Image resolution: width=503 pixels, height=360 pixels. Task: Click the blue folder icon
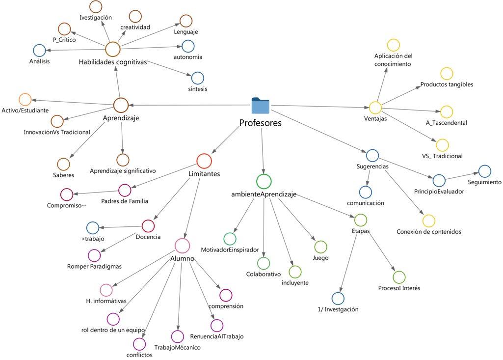tap(260, 106)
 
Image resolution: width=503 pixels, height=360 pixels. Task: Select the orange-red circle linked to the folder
tap(204, 161)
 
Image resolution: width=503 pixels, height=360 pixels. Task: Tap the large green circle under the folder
tap(264, 181)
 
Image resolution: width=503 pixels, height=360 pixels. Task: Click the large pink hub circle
tap(182, 246)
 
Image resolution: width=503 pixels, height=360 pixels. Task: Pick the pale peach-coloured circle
tap(25, 100)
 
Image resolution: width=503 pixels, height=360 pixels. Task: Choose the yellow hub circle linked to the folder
tap(375, 108)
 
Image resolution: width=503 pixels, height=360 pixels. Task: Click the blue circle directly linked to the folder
tap(372, 156)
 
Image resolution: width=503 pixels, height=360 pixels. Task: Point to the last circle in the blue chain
tap(484, 171)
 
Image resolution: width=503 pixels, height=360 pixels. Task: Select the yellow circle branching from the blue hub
tap(429, 221)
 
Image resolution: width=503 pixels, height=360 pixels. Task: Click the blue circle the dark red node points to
tap(93, 228)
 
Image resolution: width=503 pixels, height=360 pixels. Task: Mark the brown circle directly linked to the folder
tap(121, 105)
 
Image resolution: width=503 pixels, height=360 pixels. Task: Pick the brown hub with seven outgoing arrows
tap(113, 49)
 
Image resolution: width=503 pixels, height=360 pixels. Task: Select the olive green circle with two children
tap(361, 220)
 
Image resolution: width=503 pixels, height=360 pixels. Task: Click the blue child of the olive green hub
tap(338, 298)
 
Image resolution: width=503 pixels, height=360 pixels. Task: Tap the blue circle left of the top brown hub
tap(40, 50)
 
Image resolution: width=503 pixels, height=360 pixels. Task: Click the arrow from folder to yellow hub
tap(319, 107)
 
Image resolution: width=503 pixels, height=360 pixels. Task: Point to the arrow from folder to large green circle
tap(263, 150)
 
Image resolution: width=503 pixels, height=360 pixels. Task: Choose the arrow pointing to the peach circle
tap(74, 102)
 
